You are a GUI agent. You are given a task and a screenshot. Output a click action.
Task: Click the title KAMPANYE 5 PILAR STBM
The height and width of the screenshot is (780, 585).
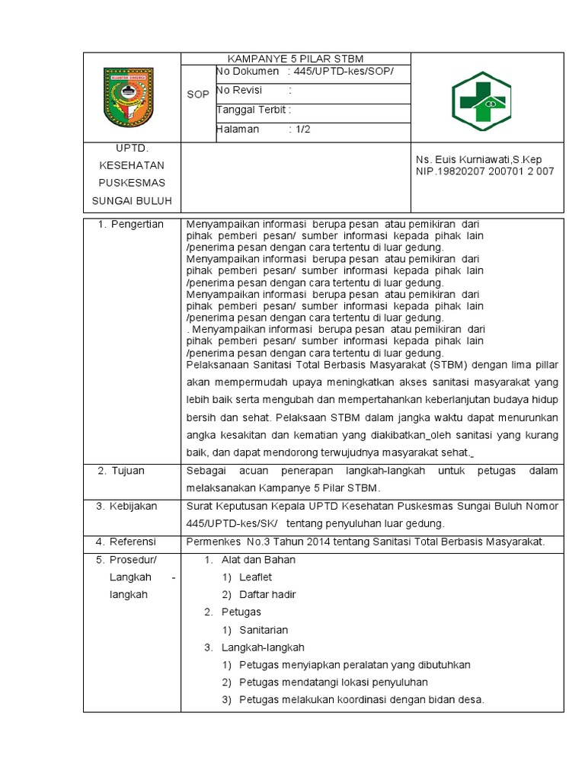click(x=296, y=59)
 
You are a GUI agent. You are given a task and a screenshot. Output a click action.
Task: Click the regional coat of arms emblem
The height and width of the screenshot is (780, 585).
click(x=127, y=97)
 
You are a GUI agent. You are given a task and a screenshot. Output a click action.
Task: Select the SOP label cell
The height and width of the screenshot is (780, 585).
click(x=197, y=94)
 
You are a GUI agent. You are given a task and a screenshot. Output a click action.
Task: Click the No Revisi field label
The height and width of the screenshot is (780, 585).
click(x=239, y=91)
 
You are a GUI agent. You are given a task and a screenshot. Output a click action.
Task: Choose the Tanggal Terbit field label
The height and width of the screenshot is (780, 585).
click(x=254, y=110)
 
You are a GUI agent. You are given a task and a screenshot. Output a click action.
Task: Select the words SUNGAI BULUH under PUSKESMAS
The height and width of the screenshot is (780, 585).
click(x=133, y=201)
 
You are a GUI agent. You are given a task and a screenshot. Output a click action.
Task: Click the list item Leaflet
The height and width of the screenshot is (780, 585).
click(x=255, y=577)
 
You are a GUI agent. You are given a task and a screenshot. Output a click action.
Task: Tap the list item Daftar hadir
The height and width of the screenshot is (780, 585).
click(x=267, y=595)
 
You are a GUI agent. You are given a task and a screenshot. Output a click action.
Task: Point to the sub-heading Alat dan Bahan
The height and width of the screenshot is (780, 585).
click(x=258, y=560)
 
